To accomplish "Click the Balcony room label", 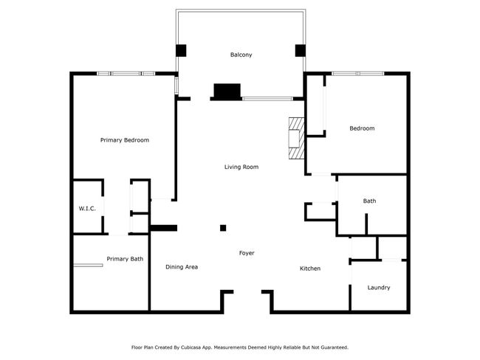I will click(241, 55).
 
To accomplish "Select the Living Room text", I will click(241, 167).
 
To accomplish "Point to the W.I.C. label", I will click(87, 209).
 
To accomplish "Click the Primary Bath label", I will click(125, 259).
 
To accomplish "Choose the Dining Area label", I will click(181, 267).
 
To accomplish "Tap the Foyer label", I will click(247, 253).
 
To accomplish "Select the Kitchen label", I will click(309, 269).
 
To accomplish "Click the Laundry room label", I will click(378, 288).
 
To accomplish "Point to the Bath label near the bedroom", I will click(369, 201).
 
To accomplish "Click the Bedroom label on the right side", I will click(362, 128).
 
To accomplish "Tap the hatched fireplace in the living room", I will click(296, 138).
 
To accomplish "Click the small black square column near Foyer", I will click(223, 228).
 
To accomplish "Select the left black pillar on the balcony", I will click(181, 51).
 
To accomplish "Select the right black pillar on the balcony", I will click(301, 51).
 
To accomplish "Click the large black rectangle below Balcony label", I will click(227, 91).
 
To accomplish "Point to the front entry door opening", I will click(247, 293).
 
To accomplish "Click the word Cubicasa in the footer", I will click(198, 347).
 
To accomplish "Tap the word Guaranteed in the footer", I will click(331, 347).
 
